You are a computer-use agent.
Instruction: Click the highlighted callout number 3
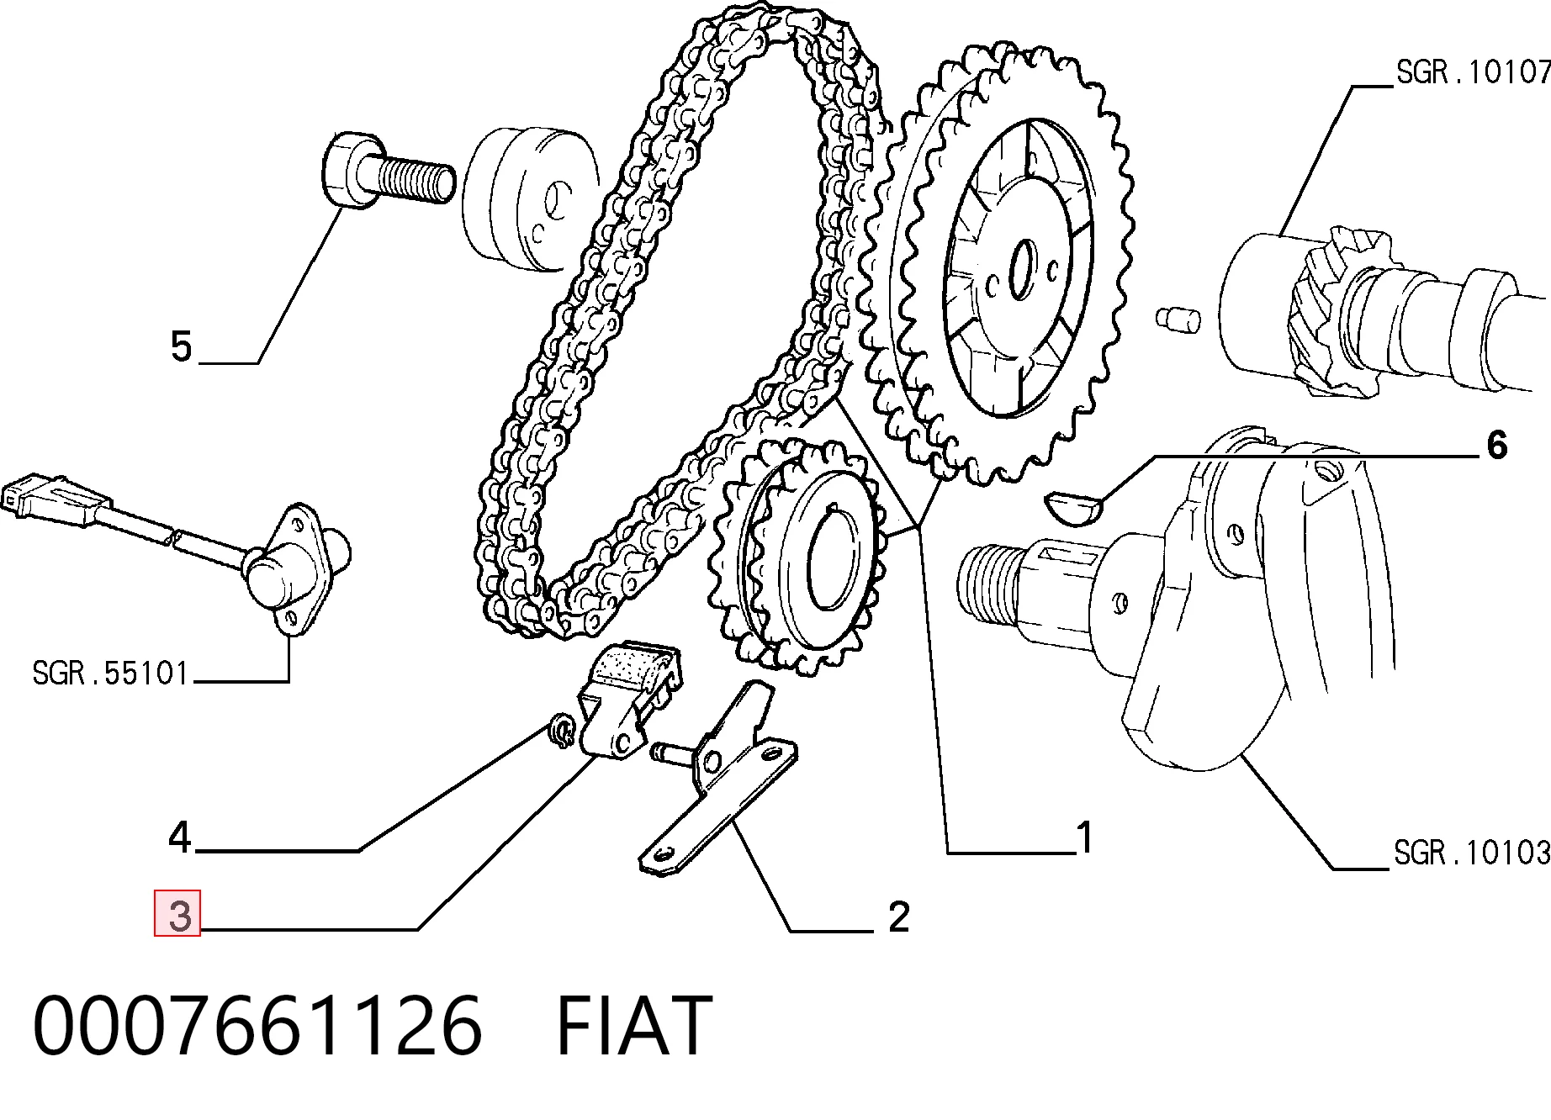click(177, 913)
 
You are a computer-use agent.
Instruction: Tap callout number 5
click(181, 346)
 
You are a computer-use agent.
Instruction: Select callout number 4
click(180, 837)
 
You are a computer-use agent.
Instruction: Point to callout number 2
click(898, 917)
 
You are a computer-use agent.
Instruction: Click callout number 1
click(1085, 837)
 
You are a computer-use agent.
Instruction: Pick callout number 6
click(1496, 445)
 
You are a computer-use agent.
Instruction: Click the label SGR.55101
click(110, 673)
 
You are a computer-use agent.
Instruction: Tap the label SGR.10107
click(1473, 71)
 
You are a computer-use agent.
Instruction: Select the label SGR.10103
click(1471, 853)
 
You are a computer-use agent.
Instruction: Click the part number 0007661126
click(257, 1025)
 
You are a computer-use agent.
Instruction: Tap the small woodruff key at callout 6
click(1073, 507)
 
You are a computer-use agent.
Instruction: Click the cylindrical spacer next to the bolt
click(530, 199)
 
